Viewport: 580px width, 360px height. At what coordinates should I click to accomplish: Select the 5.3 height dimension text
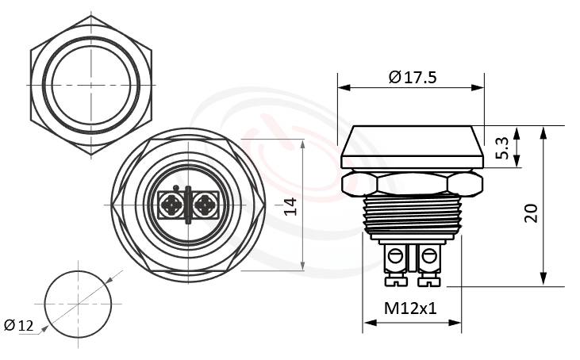(502, 147)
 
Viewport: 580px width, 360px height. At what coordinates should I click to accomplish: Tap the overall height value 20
(531, 213)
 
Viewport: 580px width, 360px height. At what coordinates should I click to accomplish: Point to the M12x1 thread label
(411, 307)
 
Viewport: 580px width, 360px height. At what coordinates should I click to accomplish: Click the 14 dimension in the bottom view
(290, 206)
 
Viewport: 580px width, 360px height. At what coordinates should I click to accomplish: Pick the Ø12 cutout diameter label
(19, 325)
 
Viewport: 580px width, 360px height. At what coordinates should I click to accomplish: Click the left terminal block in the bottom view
(171, 205)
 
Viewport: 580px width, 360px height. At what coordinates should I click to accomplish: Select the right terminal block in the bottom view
(204, 205)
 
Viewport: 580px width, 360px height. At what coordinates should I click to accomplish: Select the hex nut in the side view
(412, 184)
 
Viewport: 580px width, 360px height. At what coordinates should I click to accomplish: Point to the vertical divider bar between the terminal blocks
(187, 205)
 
